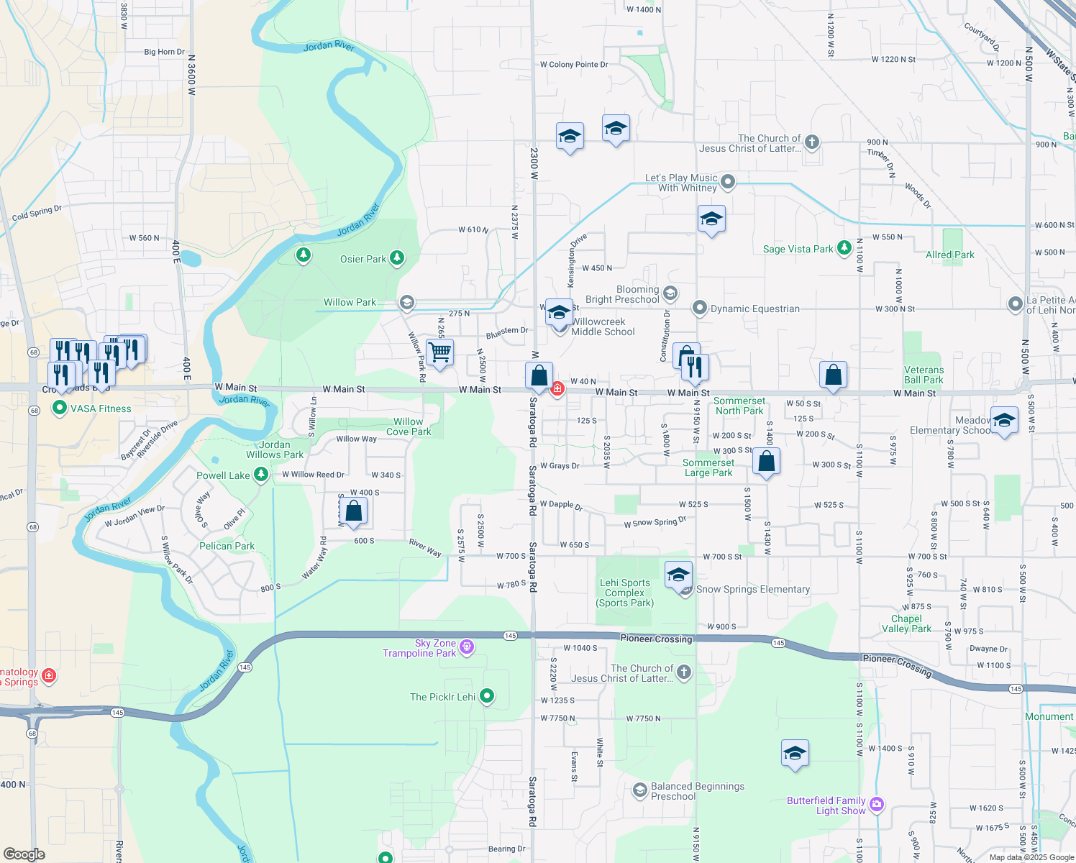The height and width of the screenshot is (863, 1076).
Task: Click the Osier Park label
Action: click(363, 259)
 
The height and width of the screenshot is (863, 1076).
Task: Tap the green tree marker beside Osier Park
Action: click(396, 258)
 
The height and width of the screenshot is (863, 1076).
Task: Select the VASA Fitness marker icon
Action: click(60, 408)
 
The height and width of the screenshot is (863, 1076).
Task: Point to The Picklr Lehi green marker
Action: click(487, 695)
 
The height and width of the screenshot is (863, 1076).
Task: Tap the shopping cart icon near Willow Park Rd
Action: click(439, 352)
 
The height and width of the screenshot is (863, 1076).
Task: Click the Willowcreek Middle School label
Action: click(603, 327)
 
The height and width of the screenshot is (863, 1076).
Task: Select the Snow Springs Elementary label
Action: click(753, 589)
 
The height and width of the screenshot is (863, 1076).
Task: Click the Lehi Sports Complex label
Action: click(625, 593)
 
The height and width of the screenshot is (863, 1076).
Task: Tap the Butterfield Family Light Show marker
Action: click(876, 805)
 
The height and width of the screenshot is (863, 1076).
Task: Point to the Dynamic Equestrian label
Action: click(754, 309)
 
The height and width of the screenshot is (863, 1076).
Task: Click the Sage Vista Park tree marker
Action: click(844, 248)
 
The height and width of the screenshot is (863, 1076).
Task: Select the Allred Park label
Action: click(950, 255)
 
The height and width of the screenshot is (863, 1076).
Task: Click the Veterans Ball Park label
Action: click(924, 375)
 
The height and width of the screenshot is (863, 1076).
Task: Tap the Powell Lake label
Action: click(223, 475)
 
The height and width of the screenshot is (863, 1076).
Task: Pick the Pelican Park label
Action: click(227, 546)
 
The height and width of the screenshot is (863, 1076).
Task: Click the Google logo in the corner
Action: click(24, 854)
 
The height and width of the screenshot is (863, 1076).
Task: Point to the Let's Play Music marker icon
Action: click(728, 182)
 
